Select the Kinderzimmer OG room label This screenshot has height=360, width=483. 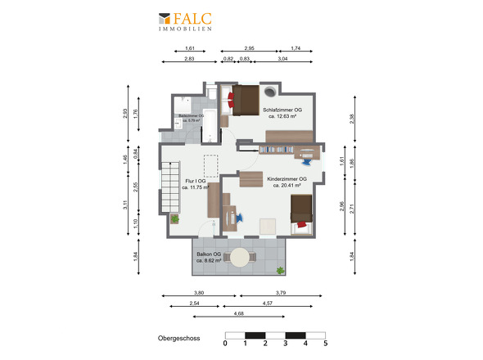(x=287, y=182)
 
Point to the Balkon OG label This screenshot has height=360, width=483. (x=209, y=257)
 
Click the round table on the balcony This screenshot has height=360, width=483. (x=240, y=259)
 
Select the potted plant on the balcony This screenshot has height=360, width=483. (x=281, y=269)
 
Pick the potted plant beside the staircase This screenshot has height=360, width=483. (x=174, y=218)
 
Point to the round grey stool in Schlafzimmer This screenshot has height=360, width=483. (x=269, y=92)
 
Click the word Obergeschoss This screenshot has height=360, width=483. (x=179, y=336)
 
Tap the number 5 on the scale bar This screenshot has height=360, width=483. (x=325, y=344)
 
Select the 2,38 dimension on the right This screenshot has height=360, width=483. (x=352, y=118)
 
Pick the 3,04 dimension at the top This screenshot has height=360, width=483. (x=282, y=59)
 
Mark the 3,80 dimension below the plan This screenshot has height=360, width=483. (x=199, y=292)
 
